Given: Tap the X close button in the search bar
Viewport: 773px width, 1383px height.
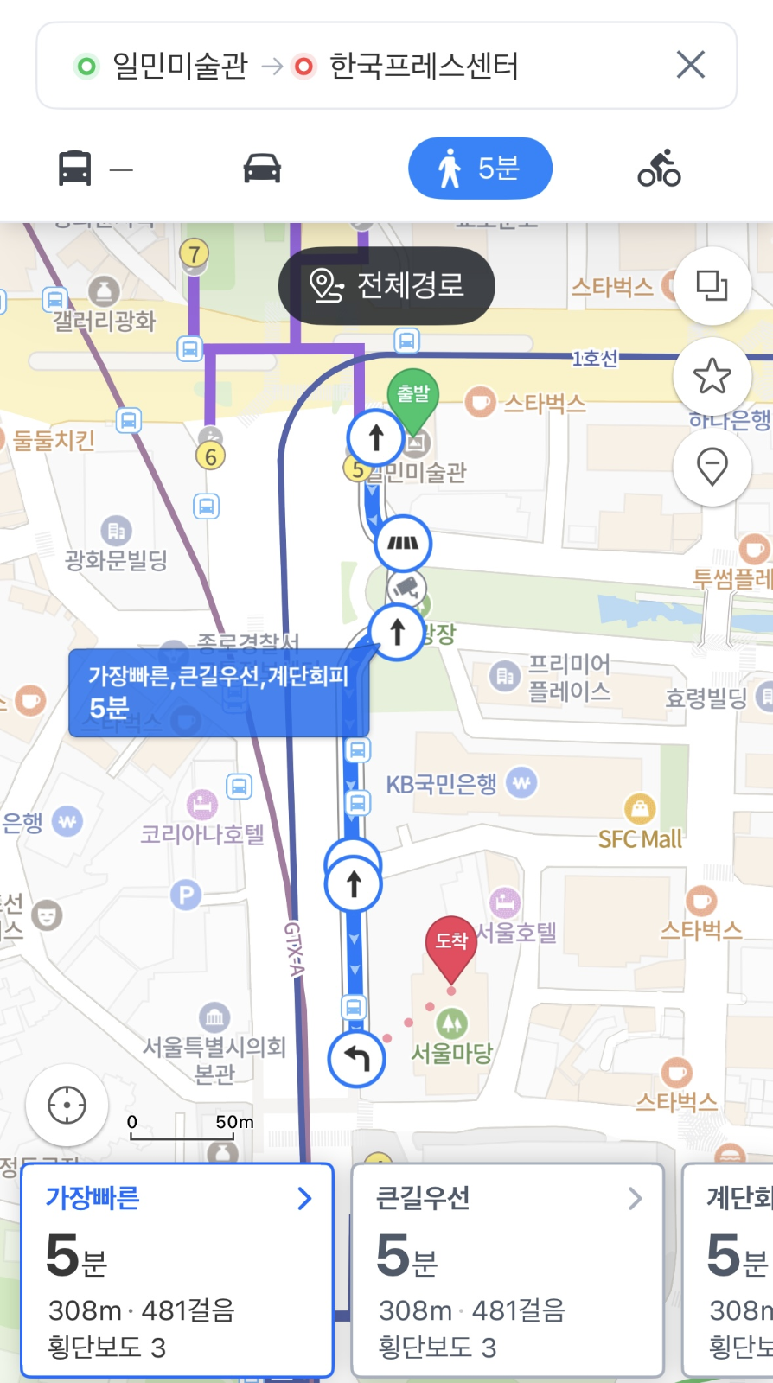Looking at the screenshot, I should [690, 65].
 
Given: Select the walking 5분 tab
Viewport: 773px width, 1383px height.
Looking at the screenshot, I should [480, 168].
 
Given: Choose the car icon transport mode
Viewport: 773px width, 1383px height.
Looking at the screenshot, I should [262, 168].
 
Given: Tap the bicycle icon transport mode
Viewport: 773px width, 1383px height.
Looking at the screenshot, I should [659, 168].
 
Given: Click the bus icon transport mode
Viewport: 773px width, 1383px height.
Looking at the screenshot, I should [75, 168].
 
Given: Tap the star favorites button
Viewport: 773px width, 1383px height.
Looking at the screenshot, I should [712, 376].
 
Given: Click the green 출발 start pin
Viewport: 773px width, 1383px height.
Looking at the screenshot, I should [413, 397].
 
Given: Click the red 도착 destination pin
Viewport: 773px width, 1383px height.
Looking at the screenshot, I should [450, 943].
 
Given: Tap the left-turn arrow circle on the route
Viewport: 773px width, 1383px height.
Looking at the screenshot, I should [357, 1057].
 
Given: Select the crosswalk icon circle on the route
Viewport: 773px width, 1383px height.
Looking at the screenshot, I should [403, 543].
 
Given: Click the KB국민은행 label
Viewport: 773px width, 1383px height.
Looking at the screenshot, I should [442, 784].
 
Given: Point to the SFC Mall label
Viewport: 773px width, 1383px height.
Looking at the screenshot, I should [640, 838].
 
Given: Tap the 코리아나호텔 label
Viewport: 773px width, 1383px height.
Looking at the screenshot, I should [202, 833].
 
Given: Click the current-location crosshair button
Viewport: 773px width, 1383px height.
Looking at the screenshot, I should [67, 1105].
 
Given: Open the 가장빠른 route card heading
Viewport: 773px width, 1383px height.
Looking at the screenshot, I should [93, 1198].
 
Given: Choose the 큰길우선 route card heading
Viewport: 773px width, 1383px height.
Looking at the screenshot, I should [423, 1198].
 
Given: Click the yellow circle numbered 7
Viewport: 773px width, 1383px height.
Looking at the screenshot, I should [195, 253].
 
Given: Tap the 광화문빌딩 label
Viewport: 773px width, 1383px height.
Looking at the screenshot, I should [116, 560].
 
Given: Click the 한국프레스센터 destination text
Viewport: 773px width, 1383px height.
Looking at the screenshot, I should [424, 66].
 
